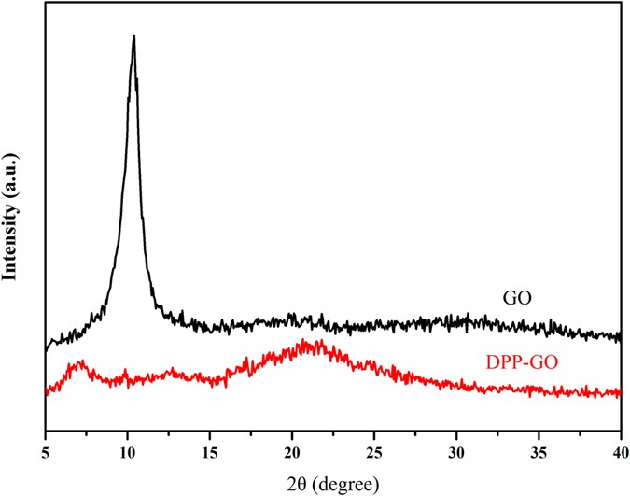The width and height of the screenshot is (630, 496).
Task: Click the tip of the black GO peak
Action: (x=134, y=36)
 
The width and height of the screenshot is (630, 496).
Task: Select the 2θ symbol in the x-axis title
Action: (x=297, y=484)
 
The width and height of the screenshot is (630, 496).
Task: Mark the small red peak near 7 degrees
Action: (x=80, y=361)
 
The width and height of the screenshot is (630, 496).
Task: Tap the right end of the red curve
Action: (x=621, y=392)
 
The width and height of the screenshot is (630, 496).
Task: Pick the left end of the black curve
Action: (x=47, y=349)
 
